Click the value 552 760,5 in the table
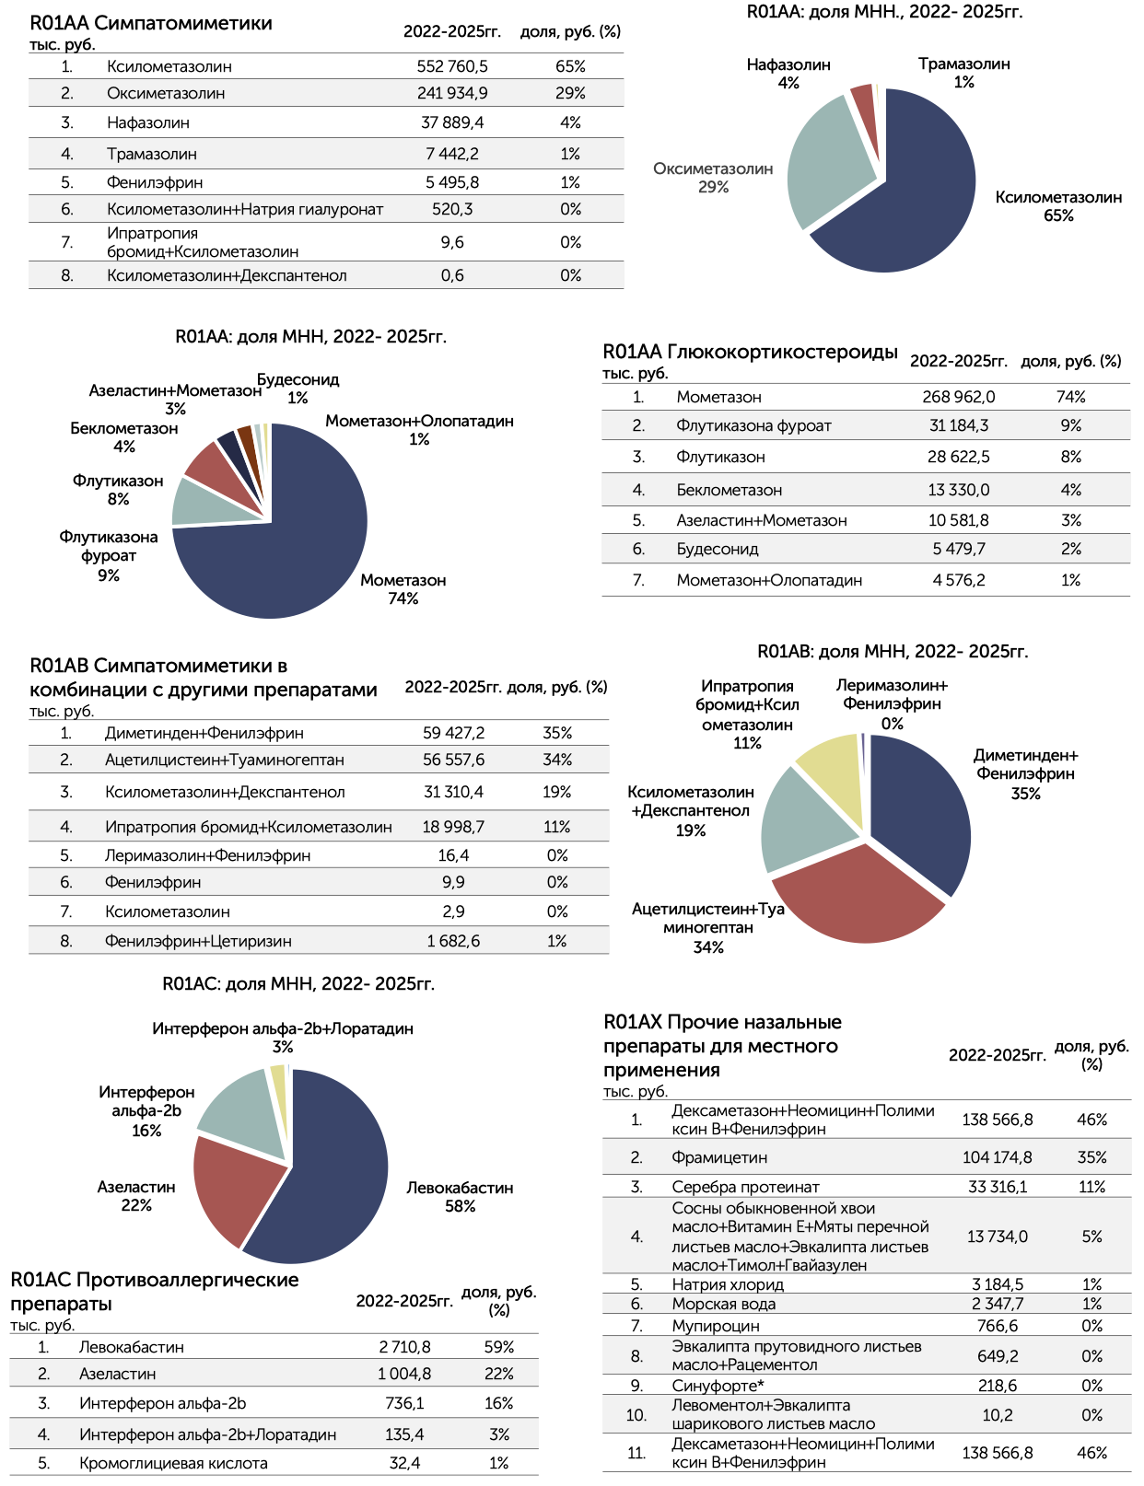pos(451,66)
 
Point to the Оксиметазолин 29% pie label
pos(713,178)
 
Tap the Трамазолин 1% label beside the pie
pos(963,73)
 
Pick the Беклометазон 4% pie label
pos(123,437)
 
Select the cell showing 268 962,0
pos(958,397)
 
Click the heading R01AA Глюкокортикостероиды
pos(750,352)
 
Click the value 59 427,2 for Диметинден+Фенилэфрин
pos(452,733)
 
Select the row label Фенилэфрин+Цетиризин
pos(198,941)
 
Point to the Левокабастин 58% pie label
pos(460,1197)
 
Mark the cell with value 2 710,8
pos(404,1347)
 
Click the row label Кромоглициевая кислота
pos(173,1463)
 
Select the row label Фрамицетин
pos(719,1157)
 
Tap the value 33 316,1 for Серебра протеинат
pos(997,1187)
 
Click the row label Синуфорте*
pos(718,1386)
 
